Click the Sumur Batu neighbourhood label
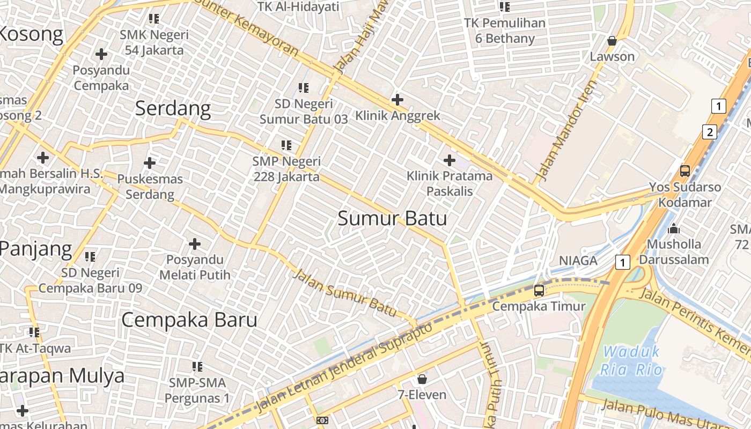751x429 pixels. (392, 219)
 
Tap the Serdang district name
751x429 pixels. (173, 109)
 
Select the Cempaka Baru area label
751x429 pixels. (189, 320)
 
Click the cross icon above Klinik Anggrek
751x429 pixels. (397, 100)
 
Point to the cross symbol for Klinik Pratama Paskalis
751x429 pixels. (449, 160)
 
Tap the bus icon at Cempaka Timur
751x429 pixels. (539, 291)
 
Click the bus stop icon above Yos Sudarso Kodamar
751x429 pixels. (684, 171)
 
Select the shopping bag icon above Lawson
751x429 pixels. (612, 41)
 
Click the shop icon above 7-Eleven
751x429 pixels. (422, 379)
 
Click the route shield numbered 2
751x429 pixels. (710, 132)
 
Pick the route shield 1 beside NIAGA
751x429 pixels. (622, 262)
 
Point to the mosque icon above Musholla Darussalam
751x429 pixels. (674, 229)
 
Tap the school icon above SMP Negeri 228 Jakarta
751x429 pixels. (286, 145)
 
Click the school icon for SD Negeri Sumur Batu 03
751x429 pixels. (303, 87)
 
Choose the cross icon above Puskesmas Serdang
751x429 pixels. (150, 162)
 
